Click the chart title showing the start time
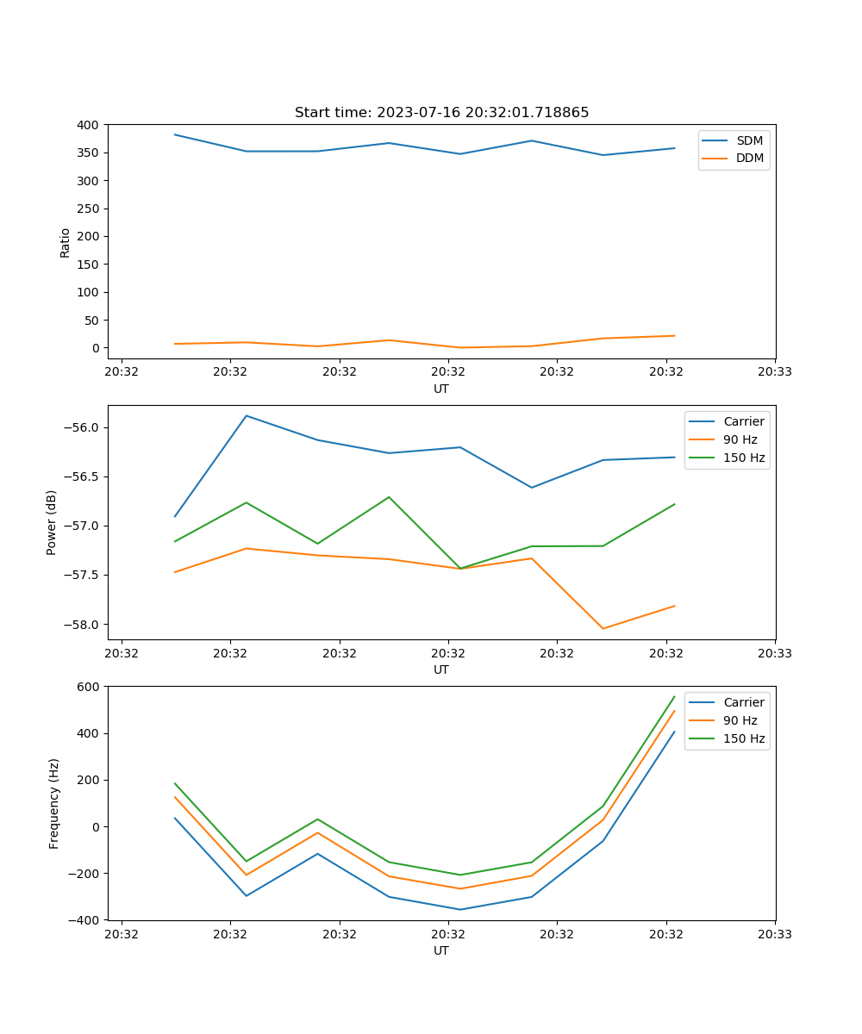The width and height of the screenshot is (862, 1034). [441, 113]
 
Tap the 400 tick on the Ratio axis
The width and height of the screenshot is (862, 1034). [88, 125]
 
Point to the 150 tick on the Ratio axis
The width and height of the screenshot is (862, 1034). [88, 265]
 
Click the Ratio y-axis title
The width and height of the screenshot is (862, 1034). [65, 242]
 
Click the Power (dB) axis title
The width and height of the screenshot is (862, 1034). [52, 522]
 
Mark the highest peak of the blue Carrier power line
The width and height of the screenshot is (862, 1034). [247, 415]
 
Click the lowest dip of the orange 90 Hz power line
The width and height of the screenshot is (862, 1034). [603, 628]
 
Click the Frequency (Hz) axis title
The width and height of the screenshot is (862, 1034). [54, 803]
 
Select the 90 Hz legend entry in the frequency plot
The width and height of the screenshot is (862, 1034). [740, 720]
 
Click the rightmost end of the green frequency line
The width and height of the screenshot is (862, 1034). [674, 697]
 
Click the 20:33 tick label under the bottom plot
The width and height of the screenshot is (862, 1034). [774, 933]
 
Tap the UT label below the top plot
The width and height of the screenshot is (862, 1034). [441, 389]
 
